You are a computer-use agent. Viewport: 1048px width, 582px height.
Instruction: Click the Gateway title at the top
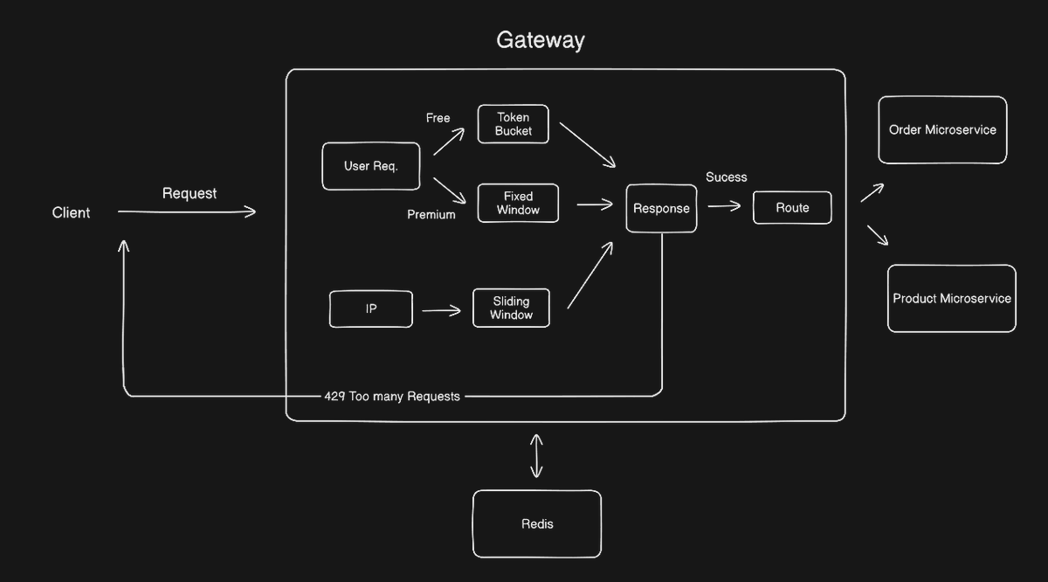(x=540, y=40)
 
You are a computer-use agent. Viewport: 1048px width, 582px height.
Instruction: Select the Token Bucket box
(x=514, y=124)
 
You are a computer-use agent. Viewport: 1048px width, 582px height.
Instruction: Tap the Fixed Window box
(x=518, y=203)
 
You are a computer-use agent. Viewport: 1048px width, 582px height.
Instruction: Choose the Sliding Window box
(x=511, y=308)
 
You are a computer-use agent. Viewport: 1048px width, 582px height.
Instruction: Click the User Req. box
(x=370, y=166)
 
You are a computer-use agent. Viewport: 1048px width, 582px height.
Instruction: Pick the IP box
(x=371, y=309)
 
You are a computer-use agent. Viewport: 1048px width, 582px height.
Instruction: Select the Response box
(x=661, y=208)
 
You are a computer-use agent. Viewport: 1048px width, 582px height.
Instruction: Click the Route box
(x=792, y=208)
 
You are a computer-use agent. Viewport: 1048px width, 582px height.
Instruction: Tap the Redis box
(x=537, y=523)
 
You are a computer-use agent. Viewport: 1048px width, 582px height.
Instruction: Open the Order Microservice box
(x=942, y=130)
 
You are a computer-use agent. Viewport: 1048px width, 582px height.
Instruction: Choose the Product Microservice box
(x=951, y=299)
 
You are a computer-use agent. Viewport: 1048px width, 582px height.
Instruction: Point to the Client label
(x=71, y=212)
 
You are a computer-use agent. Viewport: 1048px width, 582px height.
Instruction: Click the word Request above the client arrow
(x=190, y=193)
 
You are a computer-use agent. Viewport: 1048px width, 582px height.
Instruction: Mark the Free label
(x=438, y=118)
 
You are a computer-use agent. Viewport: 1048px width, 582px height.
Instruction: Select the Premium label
(x=431, y=215)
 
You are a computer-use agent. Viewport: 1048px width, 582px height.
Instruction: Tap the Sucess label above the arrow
(x=727, y=177)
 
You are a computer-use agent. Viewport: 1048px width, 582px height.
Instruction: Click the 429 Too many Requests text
(x=391, y=397)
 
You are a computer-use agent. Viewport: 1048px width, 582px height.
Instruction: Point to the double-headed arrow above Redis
(x=536, y=455)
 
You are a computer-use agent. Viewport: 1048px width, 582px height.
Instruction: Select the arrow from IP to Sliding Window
(x=441, y=310)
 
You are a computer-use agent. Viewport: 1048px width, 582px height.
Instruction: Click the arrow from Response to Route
(x=724, y=207)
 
